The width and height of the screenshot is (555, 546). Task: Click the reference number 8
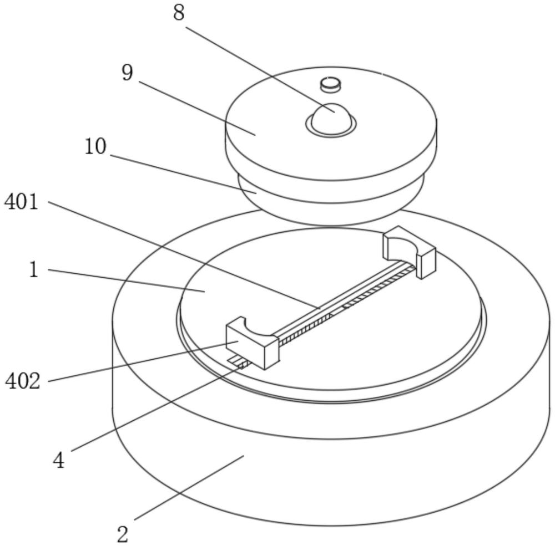[x=179, y=13]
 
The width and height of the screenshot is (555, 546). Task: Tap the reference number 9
[x=128, y=73]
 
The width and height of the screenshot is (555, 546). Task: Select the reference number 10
[x=95, y=146]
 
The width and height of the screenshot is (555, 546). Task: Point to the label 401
[x=21, y=202]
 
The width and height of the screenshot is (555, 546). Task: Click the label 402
[x=23, y=381]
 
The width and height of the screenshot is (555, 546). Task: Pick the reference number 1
[x=34, y=269]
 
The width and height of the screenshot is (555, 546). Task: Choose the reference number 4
[x=59, y=461]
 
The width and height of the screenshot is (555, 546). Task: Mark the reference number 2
[x=123, y=534]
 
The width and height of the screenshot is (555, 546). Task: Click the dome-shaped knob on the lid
[x=331, y=120]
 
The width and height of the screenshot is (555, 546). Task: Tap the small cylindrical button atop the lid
[x=331, y=84]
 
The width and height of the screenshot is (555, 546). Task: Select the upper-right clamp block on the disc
[x=409, y=252]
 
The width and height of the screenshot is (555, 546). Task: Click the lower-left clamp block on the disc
[x=253, y=343]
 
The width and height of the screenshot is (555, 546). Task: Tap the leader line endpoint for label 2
[x=244, y=456]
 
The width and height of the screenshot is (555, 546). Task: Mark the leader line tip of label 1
[x=205, y=292]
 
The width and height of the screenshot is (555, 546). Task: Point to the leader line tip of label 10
[x=256, y=193]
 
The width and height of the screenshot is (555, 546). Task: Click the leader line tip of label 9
[x=255, y=135]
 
